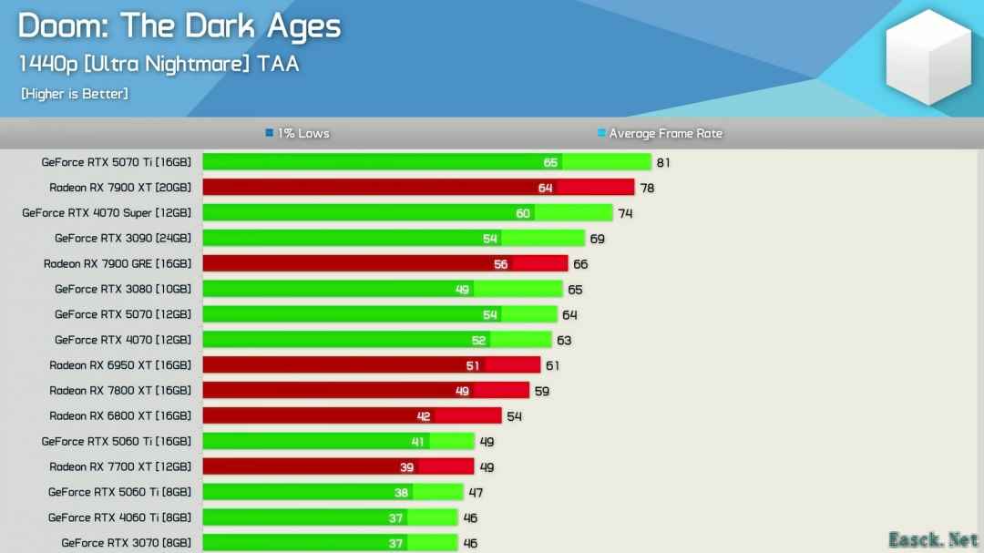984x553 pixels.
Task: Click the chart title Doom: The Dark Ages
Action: click(x=179, y=26)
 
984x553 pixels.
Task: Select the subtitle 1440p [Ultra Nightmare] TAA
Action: click(x=159, y=64)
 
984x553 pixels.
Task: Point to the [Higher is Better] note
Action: click(x=74, y=94)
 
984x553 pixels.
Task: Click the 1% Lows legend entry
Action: click(x=297, y=134)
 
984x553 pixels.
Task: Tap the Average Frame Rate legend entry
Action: click(x=660, y=134)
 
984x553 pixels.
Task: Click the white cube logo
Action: click(x=928, y=56)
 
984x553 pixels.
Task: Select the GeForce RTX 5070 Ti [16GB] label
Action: click(x=117, y=162)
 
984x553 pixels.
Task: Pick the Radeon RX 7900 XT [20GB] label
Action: click(x=120, y=188)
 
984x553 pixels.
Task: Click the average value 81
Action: click(x=663, y=163)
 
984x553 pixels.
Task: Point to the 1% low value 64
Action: click(x=545, y=188)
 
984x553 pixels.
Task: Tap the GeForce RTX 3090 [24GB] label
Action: click(x=123, y=239)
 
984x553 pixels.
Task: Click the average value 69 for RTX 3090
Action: click(x=597, y=239)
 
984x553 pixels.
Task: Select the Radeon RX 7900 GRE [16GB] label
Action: click(x=118, y=264)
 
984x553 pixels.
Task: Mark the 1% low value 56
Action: click(x=500, y=264)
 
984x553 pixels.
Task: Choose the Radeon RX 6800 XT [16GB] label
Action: click(x=120, y=415)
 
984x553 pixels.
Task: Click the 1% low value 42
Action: click(x=423, y=416)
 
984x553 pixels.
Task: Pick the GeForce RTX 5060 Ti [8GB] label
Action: click(x=120, y=492)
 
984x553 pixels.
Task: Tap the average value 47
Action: click(x=476, y=493)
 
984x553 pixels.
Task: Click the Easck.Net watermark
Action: click(x=933, y=538)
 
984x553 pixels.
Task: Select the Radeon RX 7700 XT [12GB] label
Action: click(x=120, y=466)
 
